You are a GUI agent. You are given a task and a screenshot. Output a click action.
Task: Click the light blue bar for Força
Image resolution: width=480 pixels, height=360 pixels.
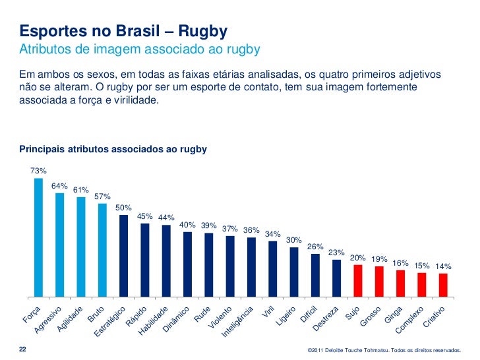(x=38, y=237)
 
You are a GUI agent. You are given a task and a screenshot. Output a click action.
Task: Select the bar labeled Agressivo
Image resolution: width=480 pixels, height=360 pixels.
(x=59, y=245)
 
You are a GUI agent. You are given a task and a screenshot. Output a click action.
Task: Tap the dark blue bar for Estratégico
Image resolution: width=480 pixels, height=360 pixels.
(x=123, y=256)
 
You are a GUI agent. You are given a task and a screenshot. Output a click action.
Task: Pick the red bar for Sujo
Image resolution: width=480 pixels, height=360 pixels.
(x=358, y=281)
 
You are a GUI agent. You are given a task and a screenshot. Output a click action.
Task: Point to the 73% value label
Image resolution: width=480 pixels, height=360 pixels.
(x=38, y=171)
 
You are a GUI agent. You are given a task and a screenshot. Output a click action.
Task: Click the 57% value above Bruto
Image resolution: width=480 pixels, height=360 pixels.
(x=102, y=196)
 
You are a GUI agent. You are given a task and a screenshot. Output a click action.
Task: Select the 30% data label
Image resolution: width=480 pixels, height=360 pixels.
(x=294, y=240)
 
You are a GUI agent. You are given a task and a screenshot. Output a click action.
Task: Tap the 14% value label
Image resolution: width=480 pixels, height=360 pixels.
(x=443, y=266)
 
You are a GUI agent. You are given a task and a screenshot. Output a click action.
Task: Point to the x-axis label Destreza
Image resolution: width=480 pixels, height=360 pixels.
(x=326, y=318)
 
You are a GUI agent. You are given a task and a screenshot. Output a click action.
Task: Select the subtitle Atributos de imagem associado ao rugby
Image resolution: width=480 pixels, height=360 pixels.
(x=139, y=49)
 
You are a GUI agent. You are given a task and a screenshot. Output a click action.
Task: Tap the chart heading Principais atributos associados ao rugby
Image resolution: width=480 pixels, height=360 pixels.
(x=113, y=150)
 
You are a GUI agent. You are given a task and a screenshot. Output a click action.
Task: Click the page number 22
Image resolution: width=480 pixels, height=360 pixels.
(x=23, y=349)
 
